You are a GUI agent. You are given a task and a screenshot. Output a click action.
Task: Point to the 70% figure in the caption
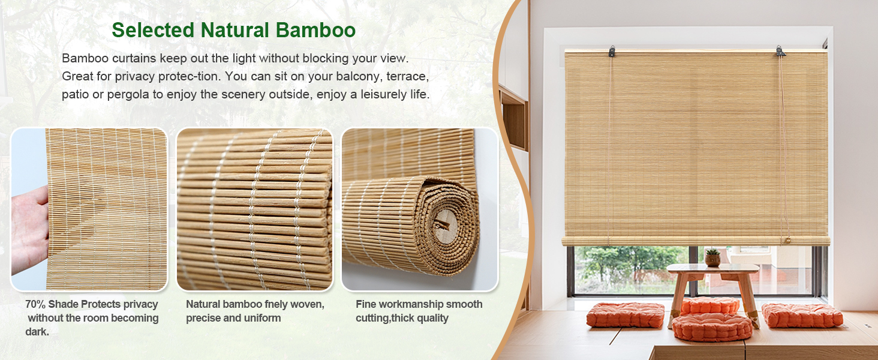click(x=35, y=304)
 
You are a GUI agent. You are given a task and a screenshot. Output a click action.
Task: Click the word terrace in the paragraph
click(x=407, y=77)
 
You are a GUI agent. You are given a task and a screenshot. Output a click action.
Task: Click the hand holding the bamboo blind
click(x=29, y=228)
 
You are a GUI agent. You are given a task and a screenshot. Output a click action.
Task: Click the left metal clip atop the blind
click(x=612, y=52)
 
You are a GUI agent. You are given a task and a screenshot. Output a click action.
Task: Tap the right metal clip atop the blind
click(x=780, y=51)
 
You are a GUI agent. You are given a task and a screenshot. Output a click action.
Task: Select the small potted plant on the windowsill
click(x=712, y=257)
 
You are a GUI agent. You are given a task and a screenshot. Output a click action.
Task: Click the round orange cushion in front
click(x=712, y=326)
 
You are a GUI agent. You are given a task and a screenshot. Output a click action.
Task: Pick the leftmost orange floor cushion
click(x=625, y=315)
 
